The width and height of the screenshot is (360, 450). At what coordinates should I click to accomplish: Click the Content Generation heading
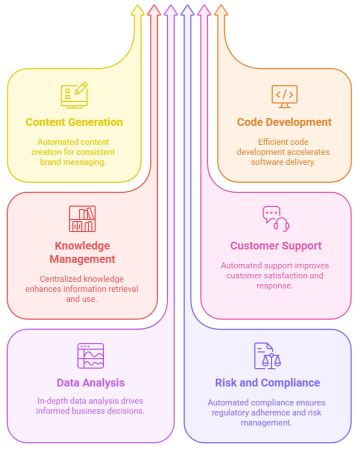pyautogui.click(x=74, y=122)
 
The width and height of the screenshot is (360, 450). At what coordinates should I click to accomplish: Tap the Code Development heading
pyautogui.click(x=284, y=122)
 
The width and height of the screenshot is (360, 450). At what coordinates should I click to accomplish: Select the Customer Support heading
pyautogui.click(x=275, y=246)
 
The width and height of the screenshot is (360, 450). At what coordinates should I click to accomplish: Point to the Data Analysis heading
pyautogui.click(x=90, y=383)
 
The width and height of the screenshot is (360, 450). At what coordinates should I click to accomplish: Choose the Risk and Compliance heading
pyautogui.click(x=267, y=383)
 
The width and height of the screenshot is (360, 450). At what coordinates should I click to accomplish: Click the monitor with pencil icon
pyautogui.click(x=74, y=95)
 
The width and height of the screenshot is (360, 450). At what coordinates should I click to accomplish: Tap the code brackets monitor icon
pyautogui.click(x=284, y=96)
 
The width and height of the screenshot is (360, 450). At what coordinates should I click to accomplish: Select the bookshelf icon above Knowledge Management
pyautogui.click(x=82, y=219)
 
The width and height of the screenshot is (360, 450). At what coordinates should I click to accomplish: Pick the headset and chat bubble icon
pyautogui.click(x=276, y=219)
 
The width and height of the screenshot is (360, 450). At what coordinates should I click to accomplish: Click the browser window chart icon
pyautogui.click(x=90, y=356)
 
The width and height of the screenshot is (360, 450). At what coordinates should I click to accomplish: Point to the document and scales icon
pyautogui.click(x=267, y=356)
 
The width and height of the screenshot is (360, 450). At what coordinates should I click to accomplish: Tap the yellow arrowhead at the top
pyautogui.click(x=137, y=10)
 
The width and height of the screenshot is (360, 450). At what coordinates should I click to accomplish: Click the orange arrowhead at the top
pyautogui.click(x=220, y=10)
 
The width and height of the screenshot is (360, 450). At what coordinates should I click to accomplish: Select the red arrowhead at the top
pyautogui.click(x=154, y=10)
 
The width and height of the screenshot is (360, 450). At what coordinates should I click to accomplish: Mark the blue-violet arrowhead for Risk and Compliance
pyautogui.click(x=187, y=10)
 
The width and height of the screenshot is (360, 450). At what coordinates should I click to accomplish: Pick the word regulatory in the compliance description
pyautogui.click(x=233, y=412)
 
